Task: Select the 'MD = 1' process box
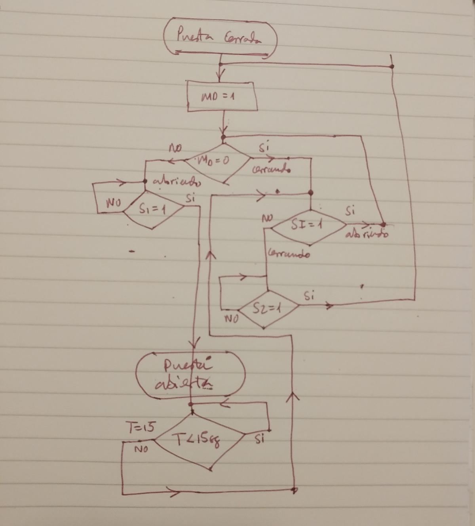222,96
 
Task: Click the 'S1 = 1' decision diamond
152,210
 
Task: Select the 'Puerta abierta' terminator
190,374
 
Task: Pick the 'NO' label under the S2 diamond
231,318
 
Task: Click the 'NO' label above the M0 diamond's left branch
175,149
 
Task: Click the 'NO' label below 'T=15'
140,450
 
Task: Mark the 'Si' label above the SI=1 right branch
350,211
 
